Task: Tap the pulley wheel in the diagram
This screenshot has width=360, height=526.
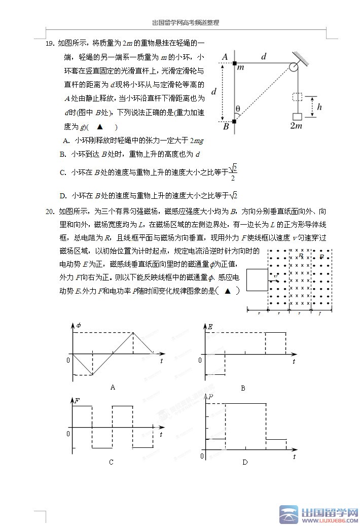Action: coord(294,67)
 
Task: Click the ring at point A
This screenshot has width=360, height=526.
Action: coord(234,63)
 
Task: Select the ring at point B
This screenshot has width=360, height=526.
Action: coord(234,121)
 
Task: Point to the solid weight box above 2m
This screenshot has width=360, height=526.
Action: coord(297,117)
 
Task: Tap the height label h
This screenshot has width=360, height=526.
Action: coord(319,107)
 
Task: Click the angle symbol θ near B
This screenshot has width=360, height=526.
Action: coord(238,108)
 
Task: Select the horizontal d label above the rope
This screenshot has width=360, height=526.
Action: coord(264,57)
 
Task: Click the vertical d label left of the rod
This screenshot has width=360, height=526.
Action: coord(214,92)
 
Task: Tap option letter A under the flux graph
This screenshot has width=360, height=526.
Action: coord(113,387)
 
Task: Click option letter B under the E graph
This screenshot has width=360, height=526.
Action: coord(243,388)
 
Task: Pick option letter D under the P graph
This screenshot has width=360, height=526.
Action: coord(245,462)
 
